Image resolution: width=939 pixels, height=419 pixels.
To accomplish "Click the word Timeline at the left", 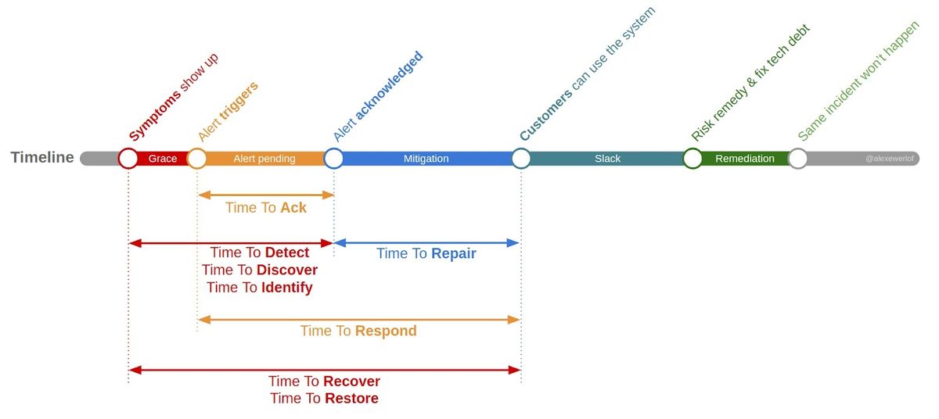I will point(42,158).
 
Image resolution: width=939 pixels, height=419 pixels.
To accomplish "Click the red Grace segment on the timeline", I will point(163,159).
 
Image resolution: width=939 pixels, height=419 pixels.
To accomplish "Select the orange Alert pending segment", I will point(264,159).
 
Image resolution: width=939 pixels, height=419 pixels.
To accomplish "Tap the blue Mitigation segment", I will point(426,159).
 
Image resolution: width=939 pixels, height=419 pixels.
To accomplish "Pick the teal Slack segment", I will point(607,159).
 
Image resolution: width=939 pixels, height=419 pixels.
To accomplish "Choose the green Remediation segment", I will point(744,159).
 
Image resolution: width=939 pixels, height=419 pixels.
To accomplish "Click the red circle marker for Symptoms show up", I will point(128,159).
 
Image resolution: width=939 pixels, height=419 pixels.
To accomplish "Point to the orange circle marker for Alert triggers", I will point(197,159).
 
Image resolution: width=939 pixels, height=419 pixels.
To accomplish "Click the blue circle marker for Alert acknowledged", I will point(334,159).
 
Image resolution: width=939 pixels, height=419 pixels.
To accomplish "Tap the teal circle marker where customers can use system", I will point(521,159).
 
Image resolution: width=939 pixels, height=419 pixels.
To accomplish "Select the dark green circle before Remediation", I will point(693,159).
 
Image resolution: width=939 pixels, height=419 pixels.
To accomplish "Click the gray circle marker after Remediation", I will point(797,159).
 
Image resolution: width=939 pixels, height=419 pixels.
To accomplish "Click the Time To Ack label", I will point(266,208).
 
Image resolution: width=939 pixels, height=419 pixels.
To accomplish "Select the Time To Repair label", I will point(426,254).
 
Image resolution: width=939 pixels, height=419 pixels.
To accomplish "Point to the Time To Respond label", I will point(358,331).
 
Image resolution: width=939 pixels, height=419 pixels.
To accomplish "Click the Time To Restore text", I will point(324,399).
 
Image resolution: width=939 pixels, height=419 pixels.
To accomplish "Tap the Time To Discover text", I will point(260,270).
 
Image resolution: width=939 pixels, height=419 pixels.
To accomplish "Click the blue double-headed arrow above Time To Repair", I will point(426,242).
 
